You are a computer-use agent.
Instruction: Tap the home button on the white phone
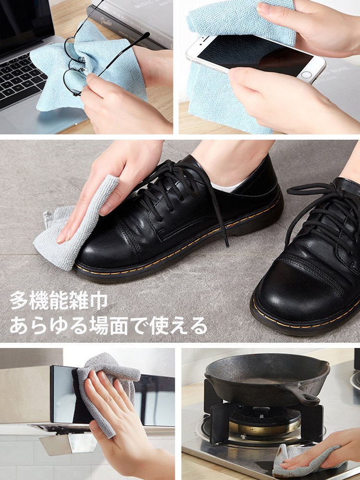click(306, 74)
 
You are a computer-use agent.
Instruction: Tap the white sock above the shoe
click(227, 186)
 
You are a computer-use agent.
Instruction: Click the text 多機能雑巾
click(59, 300)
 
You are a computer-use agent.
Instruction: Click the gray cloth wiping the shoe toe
click(73, 227)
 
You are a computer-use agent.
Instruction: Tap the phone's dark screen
click(254, 56)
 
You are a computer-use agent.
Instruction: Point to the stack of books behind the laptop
click(132, 22)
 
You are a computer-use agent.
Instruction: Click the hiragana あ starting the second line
click(19, 326)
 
